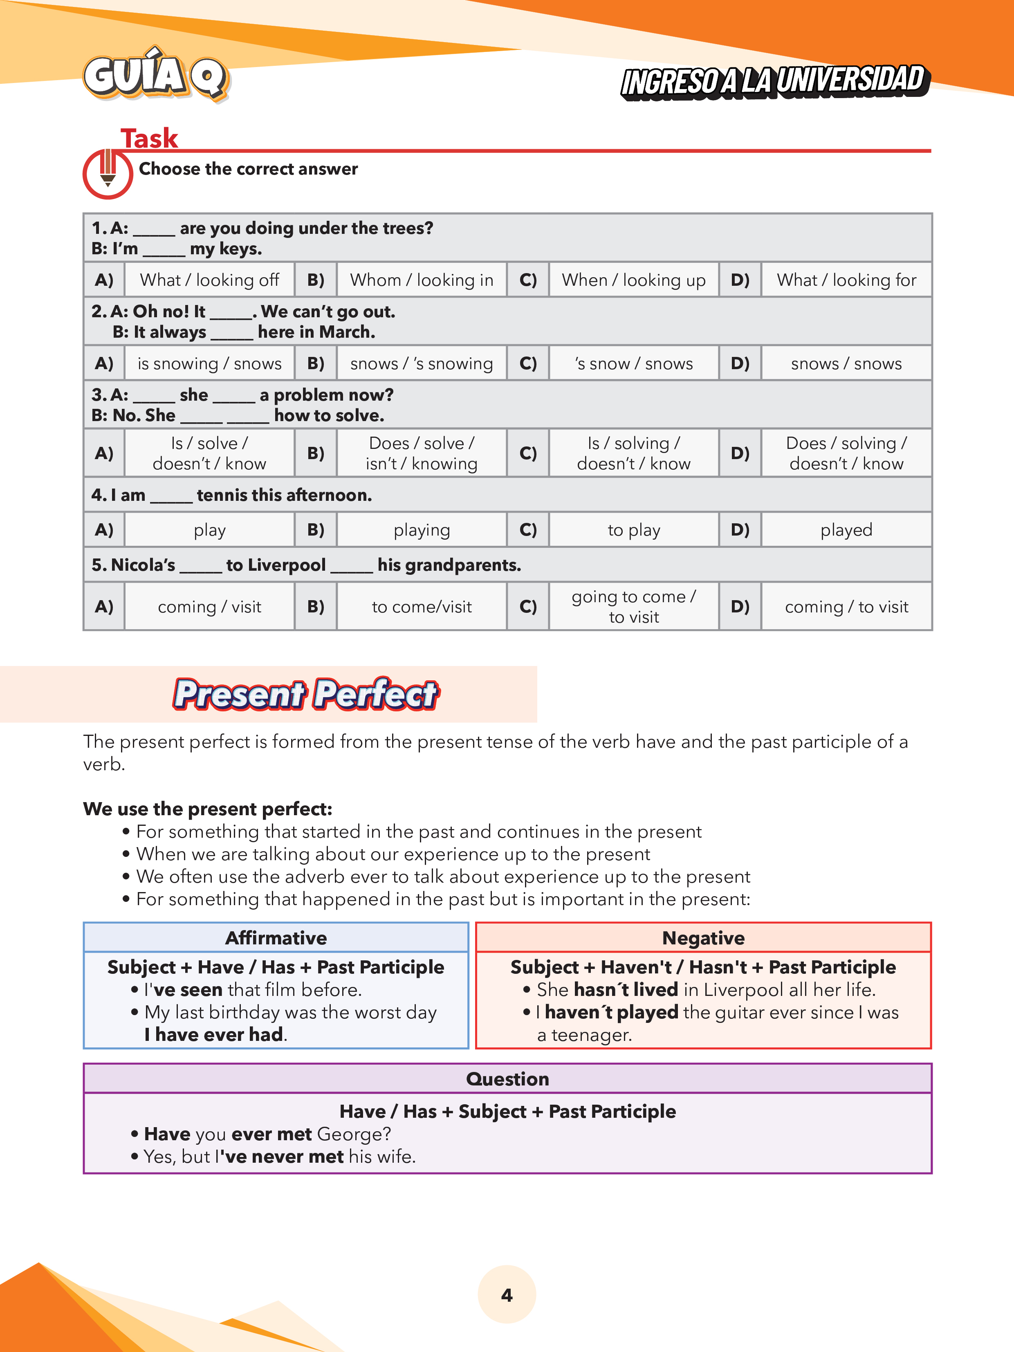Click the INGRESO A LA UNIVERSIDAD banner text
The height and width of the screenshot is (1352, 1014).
[x=774, y=81]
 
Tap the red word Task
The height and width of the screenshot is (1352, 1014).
[x=149, y=138]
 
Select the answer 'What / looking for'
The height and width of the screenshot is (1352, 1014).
[x=846, y=280]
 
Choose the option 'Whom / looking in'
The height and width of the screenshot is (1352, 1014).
[x=421, y=280]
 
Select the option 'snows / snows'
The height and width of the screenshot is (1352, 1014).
[x=846, y=364]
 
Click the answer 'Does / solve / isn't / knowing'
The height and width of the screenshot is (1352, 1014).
[x=421, y=453]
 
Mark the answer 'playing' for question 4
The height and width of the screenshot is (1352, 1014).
[x=421, y=530]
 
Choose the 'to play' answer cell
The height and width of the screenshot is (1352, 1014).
[x=634, y=530]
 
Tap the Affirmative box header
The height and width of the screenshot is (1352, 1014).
[x=276, y=937]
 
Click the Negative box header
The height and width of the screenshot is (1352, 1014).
[x=703, y=937]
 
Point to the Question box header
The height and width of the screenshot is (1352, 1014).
[x=507, y=1079]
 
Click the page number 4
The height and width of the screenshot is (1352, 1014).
[x=507, y=1294]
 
